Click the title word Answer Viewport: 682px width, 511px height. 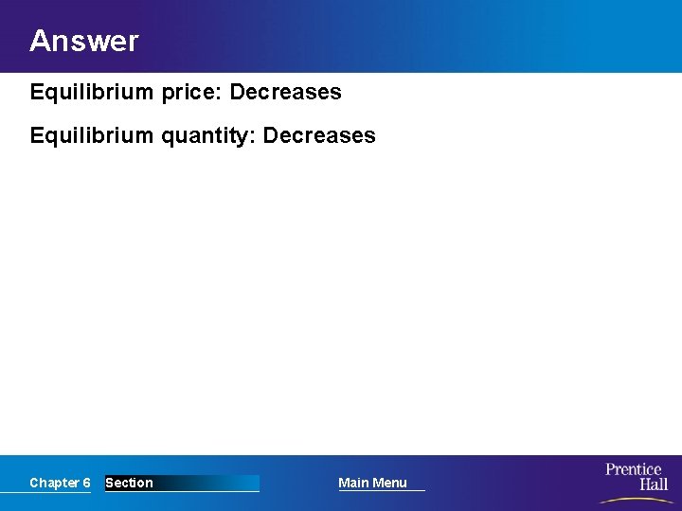click(x=83, y=41)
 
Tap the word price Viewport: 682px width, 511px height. click(x=188, y=93)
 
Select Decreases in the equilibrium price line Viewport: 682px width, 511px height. click(x=286, y=93)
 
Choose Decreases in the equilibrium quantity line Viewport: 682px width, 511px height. click(x=319, y=135)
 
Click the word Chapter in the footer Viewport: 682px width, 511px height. click(x=54, y=483)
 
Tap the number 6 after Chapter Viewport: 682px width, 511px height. click(x=86, y=483)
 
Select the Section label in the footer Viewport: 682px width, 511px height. click(x=129, y=483)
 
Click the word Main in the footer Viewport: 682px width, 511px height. click(x=353, y=483)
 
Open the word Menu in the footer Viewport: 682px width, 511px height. click(x=389, y=483)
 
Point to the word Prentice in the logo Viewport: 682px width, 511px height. click(x=634, y=469)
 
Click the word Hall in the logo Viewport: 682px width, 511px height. click(x=653, y=485)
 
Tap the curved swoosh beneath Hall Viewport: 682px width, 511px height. click(x=635, y=499)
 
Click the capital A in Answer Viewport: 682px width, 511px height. click(x=40, y=41)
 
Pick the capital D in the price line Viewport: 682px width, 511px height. click(x=238, y=93)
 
